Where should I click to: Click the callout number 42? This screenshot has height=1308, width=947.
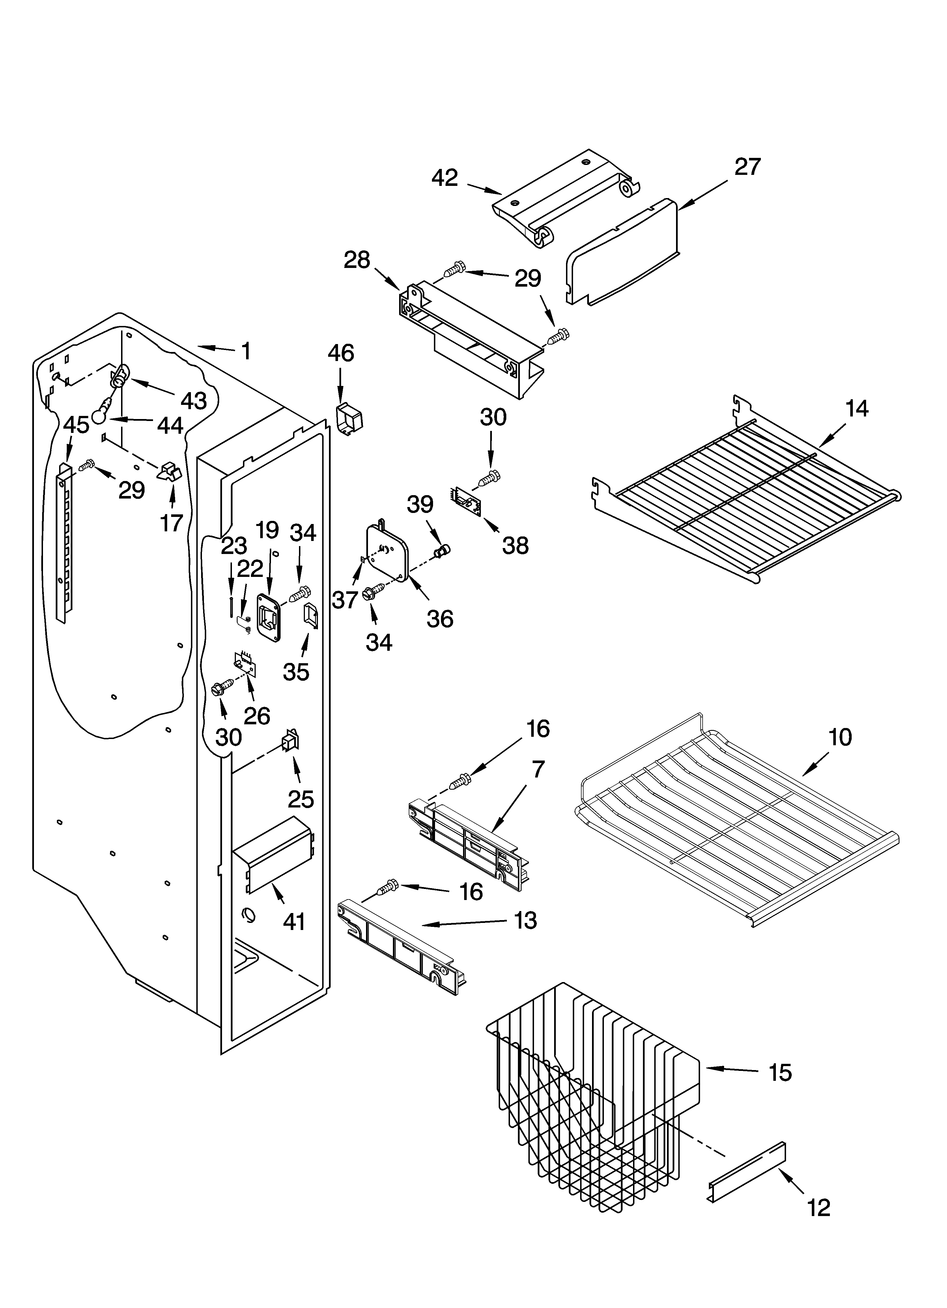(445, 178)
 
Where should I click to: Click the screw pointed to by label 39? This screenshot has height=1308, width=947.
(442, 551)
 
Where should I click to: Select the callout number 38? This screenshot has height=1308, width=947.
(515, 545)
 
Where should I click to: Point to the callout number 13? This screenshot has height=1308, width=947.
(526, 920)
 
